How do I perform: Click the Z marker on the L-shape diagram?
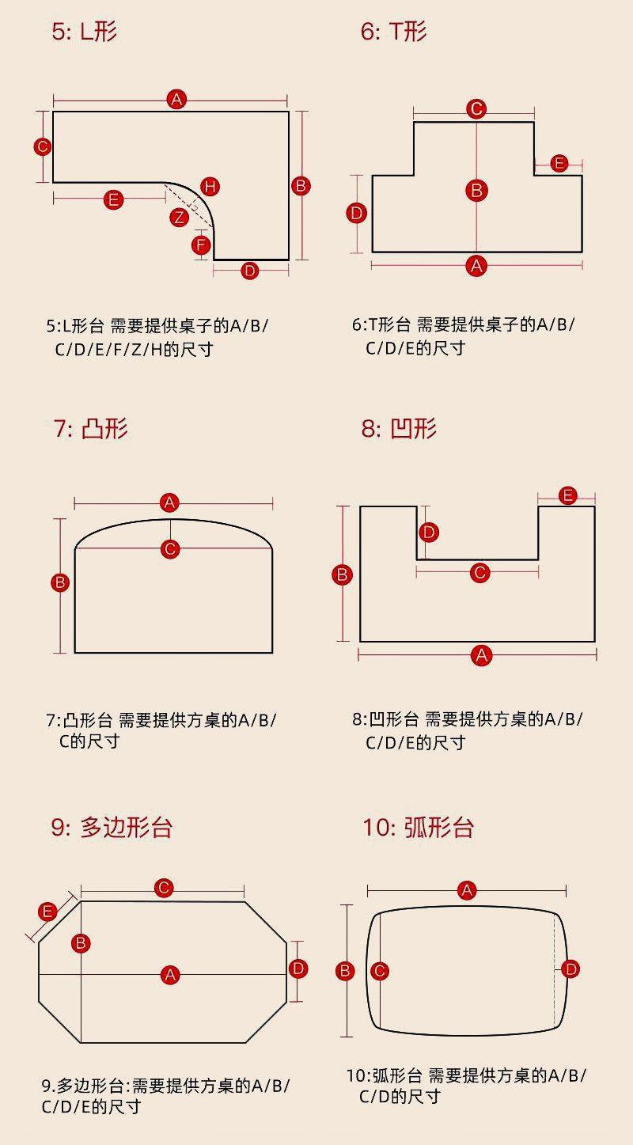pyautogui.click(x=179, y=217)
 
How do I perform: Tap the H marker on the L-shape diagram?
pyautogui.click(x=210, y=187)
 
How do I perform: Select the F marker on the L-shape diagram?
pyautogui.click(x=202, y=245)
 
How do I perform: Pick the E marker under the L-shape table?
pyautogui.click(x=114, y=199)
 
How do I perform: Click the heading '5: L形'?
pyautogui.click(x=84, y=32)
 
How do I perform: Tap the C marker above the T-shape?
pyautogui.click(x=476, y=108)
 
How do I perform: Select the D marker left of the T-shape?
pyautogui.click(x=357, y=212)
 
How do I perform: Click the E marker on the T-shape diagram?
pyautogui.click(x=559, y=164)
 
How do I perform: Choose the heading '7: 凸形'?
pyautogui.click(x=90, y=428)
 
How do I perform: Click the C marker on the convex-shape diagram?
pyautogui.click(x=170, y=549)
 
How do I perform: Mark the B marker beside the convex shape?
pyautogui.click(x=60, y=583)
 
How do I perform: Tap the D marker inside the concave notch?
pyautogui.click(x=428, y=532)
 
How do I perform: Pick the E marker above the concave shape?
pyautogui.click(x=567, y=496)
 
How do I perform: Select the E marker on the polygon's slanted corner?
pyautogui.click(x=47, y=912)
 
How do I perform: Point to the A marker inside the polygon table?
pyautogui.click(x=170, y=975)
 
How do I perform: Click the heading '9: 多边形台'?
pyautogui.click(x=112, y=827)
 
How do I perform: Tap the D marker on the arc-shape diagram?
pyautogui.click(x=570, y=969)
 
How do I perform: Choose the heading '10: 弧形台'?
pyautogui.click(x=418, y=827)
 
